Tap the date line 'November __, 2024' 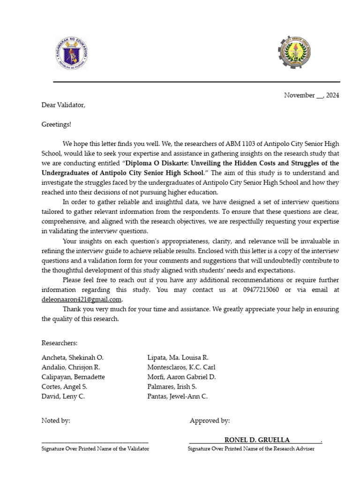pyautogui.click(x=311, y=95)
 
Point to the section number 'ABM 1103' pyautogui.click(x=239, y=143)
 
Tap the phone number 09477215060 pyautogui.click(x=255, y=290)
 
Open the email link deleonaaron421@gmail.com pyautogui.click(x=82, y=299)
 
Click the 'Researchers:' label pyautogui.click(x=60, y=344)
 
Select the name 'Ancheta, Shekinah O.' pyautogui.click(x=73, y=358)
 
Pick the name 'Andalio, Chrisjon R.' pyautogui.click(x=71, y=367)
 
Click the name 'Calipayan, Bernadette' pyautogui.click(x=73, y=377)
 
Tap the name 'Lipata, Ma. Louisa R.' pyautogui.click(x=178, y=358)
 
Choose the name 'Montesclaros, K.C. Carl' pyautogui.click(x=181, y=367)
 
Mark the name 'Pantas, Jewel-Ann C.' pyautogui.click(x=177, y=396)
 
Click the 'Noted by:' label pyautogui.click(x=56, y=420)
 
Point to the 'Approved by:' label pyautogui.click(x=210, y=420)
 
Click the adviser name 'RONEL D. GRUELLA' pyautogui.click(x=257, y=440)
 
